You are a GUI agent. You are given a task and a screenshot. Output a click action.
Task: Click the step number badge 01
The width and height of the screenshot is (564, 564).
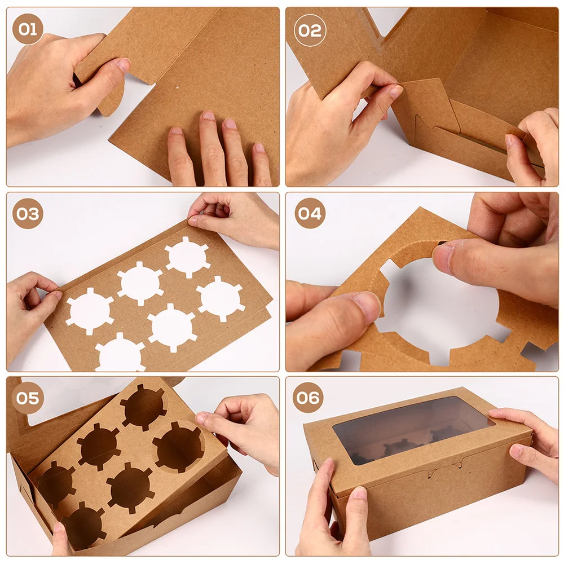[x=28, y=29]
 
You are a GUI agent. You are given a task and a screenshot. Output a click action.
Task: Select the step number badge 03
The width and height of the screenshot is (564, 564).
[x=28, y=214]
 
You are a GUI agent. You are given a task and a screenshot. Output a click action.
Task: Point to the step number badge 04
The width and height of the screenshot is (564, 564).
[x=310, y=214]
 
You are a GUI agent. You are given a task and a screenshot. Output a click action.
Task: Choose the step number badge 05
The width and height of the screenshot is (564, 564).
[x=28, y=398]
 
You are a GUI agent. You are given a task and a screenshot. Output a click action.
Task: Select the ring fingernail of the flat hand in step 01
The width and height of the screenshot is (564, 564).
[x=230, y=124]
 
